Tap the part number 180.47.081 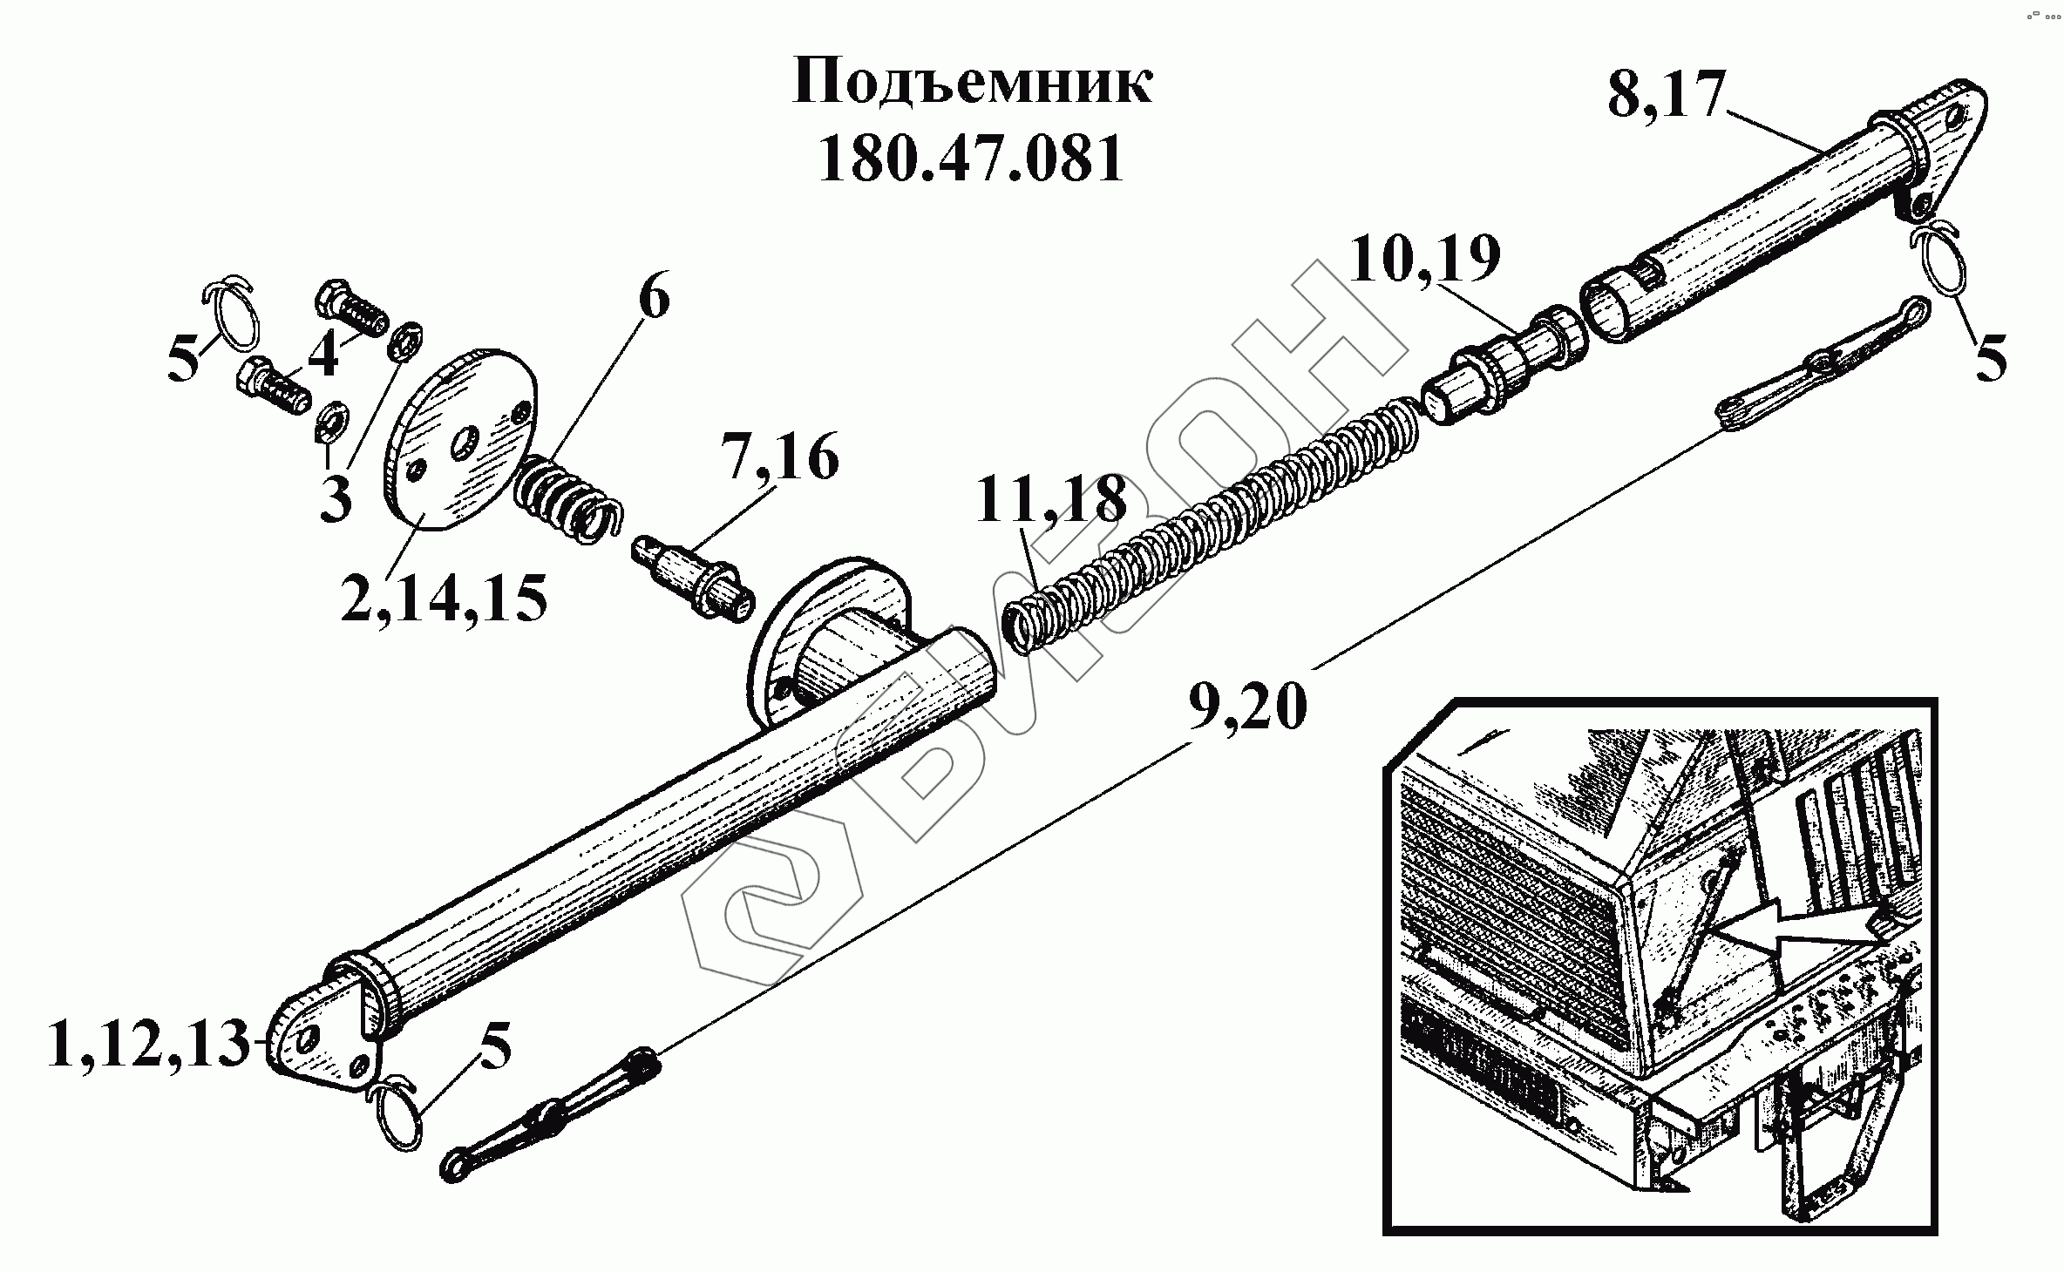click(971, 160)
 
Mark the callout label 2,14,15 click(444, 598)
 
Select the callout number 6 click(654, 301)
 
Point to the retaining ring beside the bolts click(231, 322)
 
